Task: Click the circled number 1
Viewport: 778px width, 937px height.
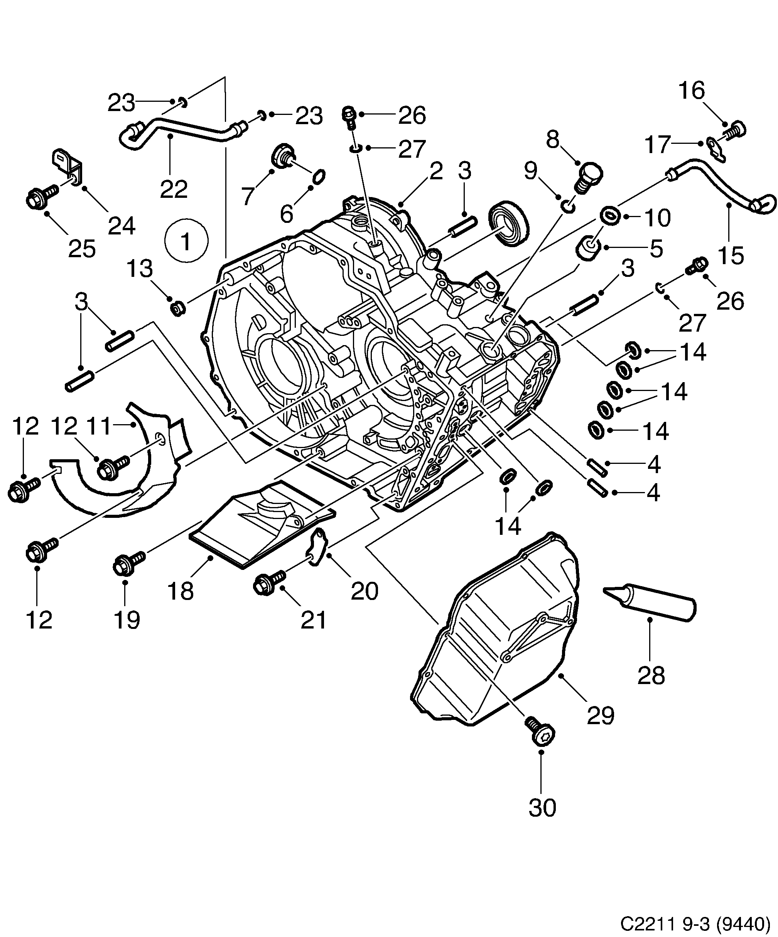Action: [186, 241]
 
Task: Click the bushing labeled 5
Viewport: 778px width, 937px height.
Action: [588, 249]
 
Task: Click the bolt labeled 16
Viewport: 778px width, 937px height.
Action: [735, 131]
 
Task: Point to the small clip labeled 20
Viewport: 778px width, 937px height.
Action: [319, 545]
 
